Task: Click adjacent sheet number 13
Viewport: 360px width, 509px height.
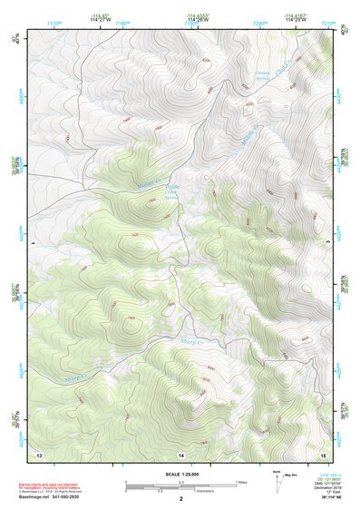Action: point(38,452)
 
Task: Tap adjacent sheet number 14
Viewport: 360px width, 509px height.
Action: point(180,452)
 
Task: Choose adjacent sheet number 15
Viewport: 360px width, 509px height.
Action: point(323,452)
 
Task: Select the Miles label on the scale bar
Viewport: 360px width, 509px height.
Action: point(241,481)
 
